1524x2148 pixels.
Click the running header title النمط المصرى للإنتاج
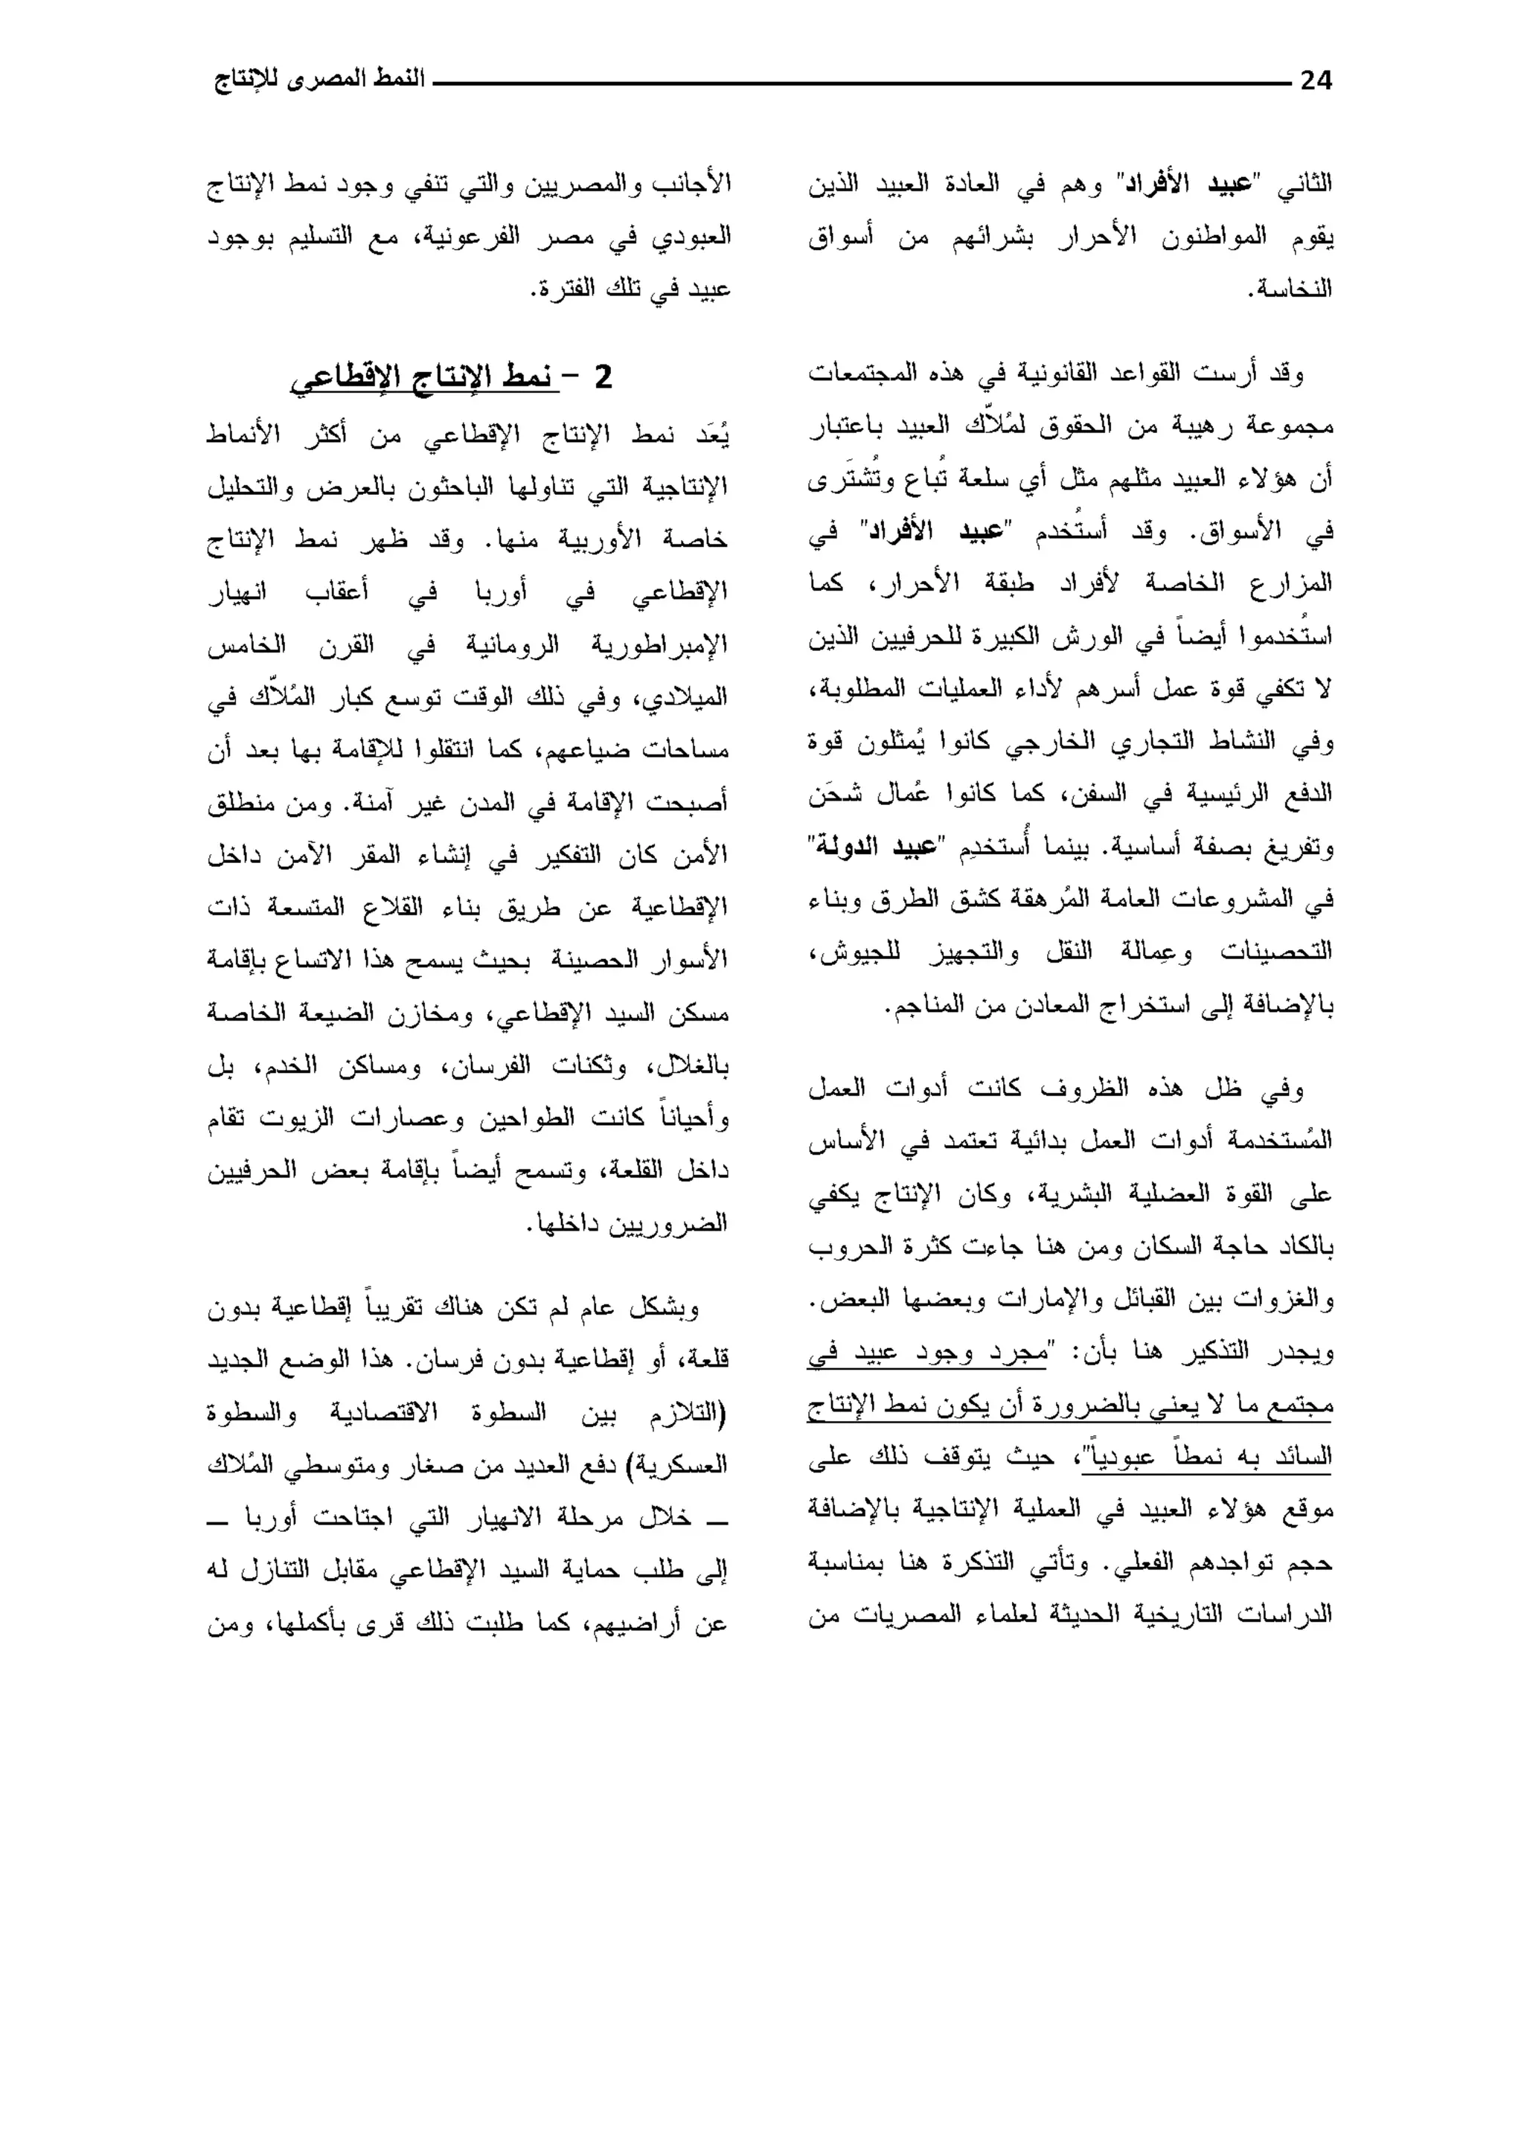pos(319,79)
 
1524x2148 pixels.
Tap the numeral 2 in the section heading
pos(603,378)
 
